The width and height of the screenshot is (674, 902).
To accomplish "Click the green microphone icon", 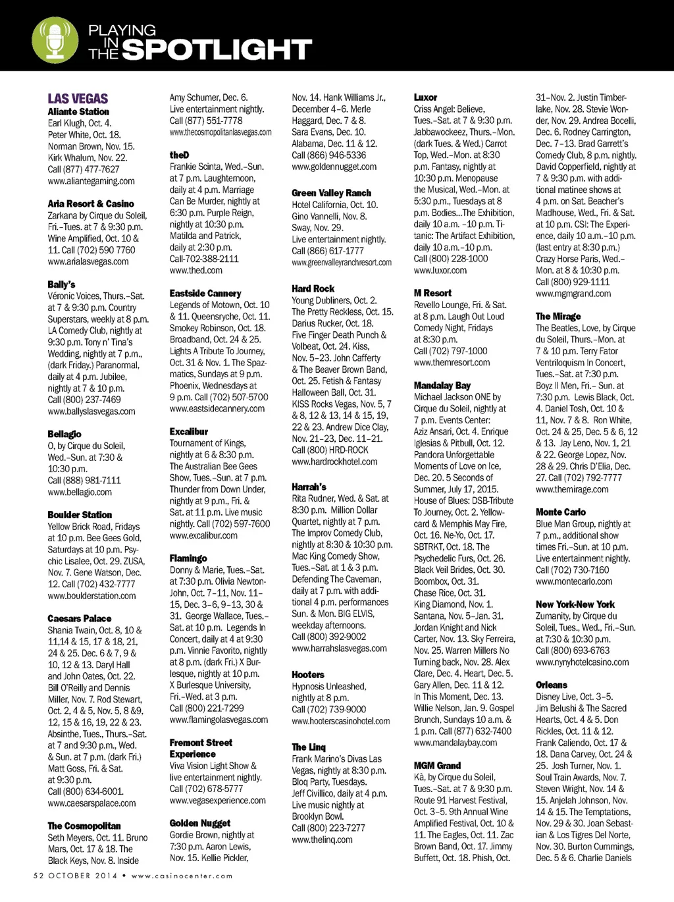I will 55,39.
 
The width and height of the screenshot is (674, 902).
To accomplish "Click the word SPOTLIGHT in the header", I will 217,49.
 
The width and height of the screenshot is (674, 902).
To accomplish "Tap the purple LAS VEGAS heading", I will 78,99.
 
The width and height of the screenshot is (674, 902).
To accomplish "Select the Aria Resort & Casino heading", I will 90,204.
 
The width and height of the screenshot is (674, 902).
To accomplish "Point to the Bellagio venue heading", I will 65,435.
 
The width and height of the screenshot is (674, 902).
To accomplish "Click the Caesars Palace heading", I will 79,619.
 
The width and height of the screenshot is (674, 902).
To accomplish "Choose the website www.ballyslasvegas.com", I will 91,411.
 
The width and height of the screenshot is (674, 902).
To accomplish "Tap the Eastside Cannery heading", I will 205,294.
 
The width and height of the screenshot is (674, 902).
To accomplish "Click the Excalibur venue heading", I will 189,432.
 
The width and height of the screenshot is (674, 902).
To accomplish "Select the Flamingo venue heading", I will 188,558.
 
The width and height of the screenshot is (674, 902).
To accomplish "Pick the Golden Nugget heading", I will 200,823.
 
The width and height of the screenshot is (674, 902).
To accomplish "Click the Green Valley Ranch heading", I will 331,193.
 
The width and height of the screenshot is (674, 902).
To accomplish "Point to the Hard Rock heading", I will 313,289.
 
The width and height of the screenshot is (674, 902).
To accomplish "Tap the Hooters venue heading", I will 308,675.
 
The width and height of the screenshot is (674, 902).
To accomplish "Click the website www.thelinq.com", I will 322,839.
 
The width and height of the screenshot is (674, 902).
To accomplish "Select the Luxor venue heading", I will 425,97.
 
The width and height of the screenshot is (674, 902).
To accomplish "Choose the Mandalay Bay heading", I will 442,386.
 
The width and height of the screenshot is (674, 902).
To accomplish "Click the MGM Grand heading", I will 437,766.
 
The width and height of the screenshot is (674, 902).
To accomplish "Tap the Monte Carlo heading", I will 560,512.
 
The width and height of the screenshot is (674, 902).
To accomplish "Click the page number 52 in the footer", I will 38,876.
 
